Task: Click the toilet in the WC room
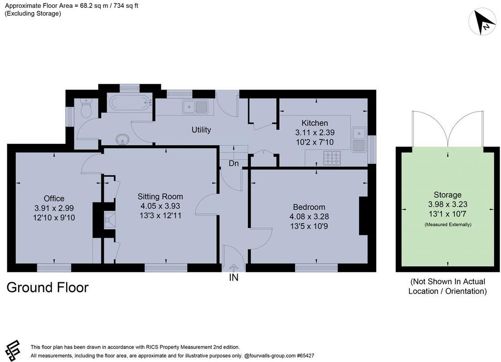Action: tap(86, 108)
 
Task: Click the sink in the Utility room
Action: tap(195, 107)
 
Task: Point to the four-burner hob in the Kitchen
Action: tap(332, 158)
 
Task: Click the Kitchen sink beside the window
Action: tap(360, 139)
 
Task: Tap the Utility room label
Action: tap(201, 130)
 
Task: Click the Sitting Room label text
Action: tap(160, 197)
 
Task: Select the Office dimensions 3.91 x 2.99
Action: tap(54, 208)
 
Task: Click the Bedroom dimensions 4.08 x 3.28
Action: tap(309, 217)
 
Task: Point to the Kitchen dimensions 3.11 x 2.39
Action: tap(315, 133)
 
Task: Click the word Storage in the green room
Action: tap(448, 195)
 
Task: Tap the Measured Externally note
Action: tap(448, 225)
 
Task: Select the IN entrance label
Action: tap(234, 278)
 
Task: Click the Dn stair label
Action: tap(234, 163)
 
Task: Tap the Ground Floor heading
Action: tap(47, 288)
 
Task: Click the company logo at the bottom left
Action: tap(13, 350)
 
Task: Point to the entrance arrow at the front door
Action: tap(234, 268)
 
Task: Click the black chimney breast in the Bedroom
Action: tap(364, 216)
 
